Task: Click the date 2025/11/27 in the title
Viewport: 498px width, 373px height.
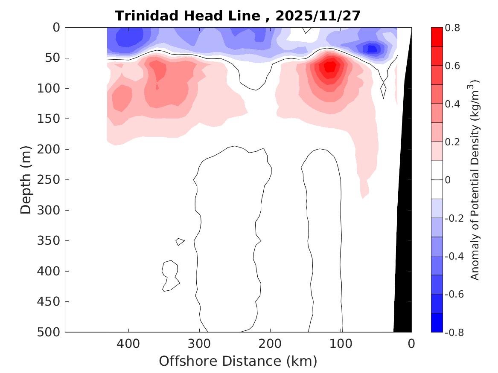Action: tap(318, 16)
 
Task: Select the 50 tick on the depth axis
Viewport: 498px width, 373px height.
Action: tap(55, 58)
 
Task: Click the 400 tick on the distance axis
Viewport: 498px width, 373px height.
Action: tap(128, 343)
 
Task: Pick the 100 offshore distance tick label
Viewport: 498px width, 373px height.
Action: tap(341, 343)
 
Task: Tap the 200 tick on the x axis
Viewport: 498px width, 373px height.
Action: tap(270, 343)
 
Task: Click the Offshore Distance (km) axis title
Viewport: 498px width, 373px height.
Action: tap(238, 361)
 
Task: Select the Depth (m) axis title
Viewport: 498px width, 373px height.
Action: tap(26, 180)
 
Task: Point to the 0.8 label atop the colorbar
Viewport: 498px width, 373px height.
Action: tap(452, 28)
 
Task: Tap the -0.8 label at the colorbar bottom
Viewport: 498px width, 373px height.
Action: tap(453, 332)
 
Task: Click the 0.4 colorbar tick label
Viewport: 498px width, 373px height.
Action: tap(452, 104)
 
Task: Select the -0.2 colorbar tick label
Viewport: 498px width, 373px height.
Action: tap(453, 218)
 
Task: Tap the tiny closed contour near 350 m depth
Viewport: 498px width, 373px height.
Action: tap(180, 242)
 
